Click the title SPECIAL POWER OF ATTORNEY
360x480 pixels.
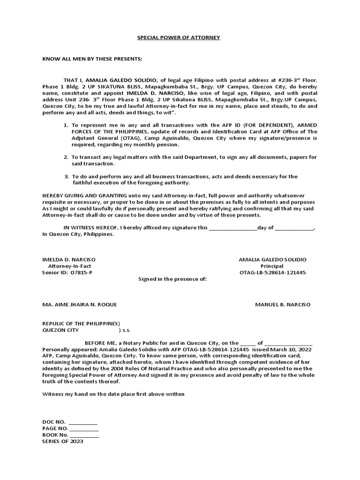tap(178, 37)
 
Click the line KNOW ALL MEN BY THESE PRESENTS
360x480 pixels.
tap(92, 60)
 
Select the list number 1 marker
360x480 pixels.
tap(66, 126)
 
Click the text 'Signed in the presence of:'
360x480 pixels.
tap(172, 279)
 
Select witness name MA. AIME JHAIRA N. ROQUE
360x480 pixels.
tap(80, 305)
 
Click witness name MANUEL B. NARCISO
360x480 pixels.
tap(282, 305)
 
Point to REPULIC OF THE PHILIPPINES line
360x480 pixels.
tap(81, 323)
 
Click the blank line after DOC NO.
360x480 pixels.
tap(83, 422)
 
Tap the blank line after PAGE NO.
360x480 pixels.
tap(84, 429)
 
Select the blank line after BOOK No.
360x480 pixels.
tap(84, 435)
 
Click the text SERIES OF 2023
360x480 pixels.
tap(62, 442)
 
